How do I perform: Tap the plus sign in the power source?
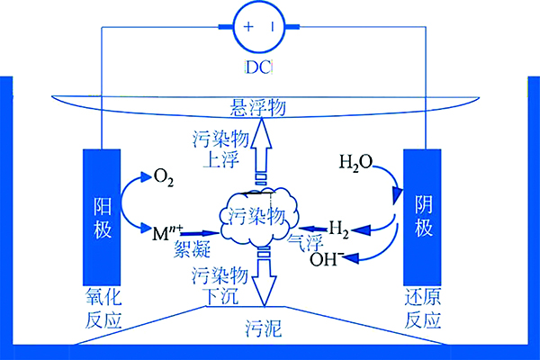coord(247,26)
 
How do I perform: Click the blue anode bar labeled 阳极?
coord(102,216)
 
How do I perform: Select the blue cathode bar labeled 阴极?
coord(423,216)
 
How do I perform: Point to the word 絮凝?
coord(191,251)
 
